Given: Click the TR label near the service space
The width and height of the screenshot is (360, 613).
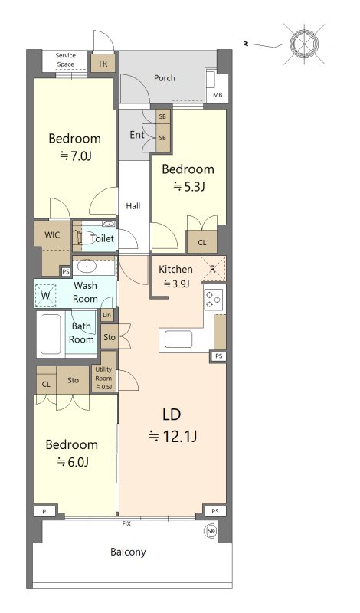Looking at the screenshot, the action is click(103, 64).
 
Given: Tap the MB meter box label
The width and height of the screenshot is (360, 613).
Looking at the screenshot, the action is click(218, 94).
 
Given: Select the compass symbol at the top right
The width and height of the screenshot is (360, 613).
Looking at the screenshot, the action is click(304, 43).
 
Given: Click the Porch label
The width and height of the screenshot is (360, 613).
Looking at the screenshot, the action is click(165, 78).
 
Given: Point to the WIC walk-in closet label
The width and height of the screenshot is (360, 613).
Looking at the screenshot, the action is click(52, 235).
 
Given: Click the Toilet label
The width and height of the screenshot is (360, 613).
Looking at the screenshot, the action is click(103, 238).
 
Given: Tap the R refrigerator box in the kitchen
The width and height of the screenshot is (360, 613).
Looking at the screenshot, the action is click(213, 269).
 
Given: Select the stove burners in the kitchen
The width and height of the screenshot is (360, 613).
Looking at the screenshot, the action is click(214, 300).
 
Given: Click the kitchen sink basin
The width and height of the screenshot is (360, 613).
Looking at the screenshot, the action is click(178, 339).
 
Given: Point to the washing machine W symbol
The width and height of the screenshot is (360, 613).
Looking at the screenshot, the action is click(46, 296).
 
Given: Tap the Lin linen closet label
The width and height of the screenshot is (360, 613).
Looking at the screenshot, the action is click(106, 315).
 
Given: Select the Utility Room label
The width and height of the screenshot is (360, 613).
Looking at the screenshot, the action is click(103, 373).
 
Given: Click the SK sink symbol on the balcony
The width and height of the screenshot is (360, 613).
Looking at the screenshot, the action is click(211, 531).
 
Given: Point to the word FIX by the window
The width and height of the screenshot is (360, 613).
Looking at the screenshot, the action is click(126, 523).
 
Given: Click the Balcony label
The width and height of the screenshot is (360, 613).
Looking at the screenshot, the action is click(128, 552).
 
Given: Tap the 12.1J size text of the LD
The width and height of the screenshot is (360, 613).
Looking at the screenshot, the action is click(172, 436).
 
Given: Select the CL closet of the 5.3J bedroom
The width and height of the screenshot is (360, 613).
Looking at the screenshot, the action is click(201, 242).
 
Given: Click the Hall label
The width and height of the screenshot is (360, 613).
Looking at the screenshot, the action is click(133, 206).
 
